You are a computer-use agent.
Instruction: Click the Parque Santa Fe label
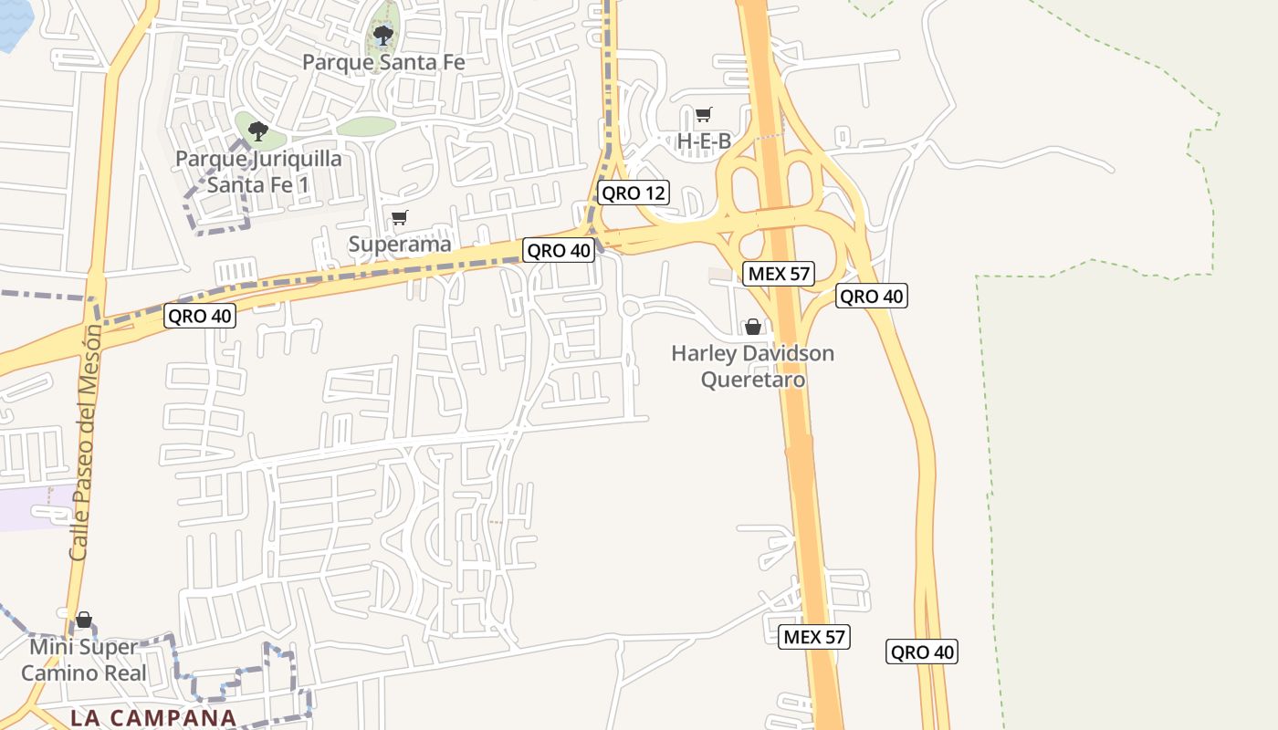383,62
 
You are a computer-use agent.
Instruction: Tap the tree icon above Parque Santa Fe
383,36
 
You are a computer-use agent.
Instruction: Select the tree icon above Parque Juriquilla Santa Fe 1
258,130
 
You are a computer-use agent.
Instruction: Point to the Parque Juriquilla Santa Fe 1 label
258,172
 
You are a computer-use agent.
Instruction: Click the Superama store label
400,244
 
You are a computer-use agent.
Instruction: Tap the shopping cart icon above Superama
399,218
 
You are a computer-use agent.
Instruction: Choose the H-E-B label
704,141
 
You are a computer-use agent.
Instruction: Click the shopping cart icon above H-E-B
703,115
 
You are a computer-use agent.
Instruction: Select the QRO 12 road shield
634,193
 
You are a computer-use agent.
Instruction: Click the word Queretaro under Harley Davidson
753,378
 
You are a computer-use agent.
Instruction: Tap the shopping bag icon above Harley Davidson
753,327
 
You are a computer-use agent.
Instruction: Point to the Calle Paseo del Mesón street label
83,443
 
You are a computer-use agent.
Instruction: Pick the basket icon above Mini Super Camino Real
84,620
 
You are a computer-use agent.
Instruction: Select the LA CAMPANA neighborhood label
153,717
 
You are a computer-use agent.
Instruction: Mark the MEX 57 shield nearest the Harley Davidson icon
779,273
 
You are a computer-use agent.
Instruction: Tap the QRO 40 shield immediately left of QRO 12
559,250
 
